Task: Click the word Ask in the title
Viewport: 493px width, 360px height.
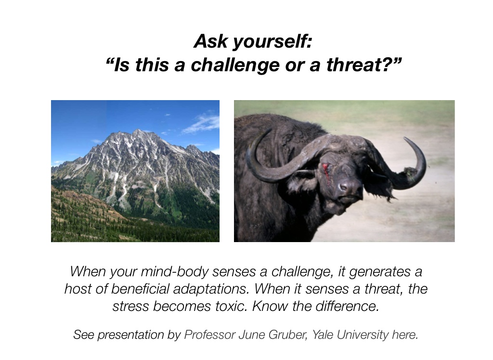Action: click(210, 41)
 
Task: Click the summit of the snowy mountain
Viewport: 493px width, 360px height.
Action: click(139, 131)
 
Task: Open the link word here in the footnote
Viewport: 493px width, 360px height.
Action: click(405, 335)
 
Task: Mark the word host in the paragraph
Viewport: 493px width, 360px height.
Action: click(78, 289)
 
